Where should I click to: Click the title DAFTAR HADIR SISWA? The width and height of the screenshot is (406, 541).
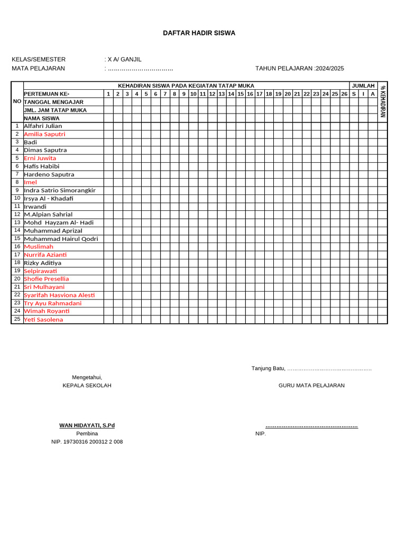(199, 33)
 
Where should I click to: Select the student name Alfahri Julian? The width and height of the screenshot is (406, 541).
(43, 126)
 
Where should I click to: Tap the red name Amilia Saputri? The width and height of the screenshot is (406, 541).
(44, 134)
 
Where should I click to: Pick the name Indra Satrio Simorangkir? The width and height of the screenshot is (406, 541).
(60, 190)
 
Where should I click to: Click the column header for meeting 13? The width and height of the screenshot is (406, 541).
(222, 94)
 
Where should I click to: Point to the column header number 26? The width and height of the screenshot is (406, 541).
(344, 94)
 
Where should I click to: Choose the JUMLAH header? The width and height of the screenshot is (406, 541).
(363, 86)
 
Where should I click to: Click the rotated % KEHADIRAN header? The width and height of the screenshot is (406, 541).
(383, 101)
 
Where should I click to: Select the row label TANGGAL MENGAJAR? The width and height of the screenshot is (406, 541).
(53, 102)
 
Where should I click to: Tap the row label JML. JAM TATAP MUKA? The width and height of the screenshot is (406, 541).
(55, 110)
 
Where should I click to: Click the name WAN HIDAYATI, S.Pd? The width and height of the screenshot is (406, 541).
(87, 425)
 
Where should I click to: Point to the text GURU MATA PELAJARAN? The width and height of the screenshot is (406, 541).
(311, 386)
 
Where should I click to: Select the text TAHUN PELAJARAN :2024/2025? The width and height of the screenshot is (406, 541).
(299, 68)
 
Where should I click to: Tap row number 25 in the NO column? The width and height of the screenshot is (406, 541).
(17, 319)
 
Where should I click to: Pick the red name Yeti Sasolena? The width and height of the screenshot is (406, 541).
(43, 320)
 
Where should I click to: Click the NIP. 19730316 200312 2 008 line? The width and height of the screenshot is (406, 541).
(87, 442)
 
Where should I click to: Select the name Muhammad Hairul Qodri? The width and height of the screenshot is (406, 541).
(61, 239)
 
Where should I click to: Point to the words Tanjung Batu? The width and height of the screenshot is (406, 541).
(268, 368)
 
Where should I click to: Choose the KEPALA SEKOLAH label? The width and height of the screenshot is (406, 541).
(87, 386)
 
